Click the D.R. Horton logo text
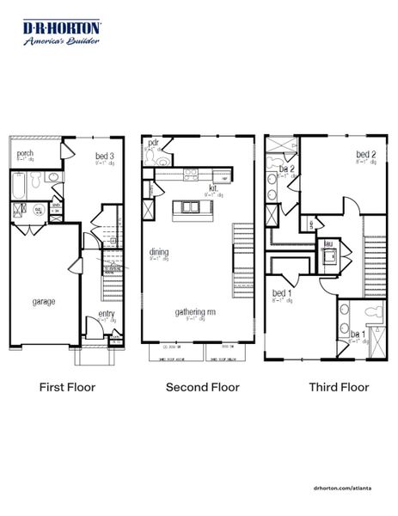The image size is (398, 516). click(x=62, y=28)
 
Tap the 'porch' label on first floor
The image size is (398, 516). click(x=25, y=155)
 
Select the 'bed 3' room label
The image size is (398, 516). click(x=105, y=157)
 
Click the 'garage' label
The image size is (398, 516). click(x=45, y=302)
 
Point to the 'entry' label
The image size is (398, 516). click(x=106, y=314)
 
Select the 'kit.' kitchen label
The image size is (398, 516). click(x=212, y=187)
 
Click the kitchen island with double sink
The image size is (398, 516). click(x=192, y=208)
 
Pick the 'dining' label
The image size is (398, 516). click(x=159, y=252)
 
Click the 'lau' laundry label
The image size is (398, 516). click(x=328, y=243)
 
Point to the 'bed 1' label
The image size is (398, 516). click(x=281, y=293)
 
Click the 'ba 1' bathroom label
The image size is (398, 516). click(x=357, y=334)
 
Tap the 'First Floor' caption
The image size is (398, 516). click(x=67, y=387)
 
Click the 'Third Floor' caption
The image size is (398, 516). click(x=339, y=387)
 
